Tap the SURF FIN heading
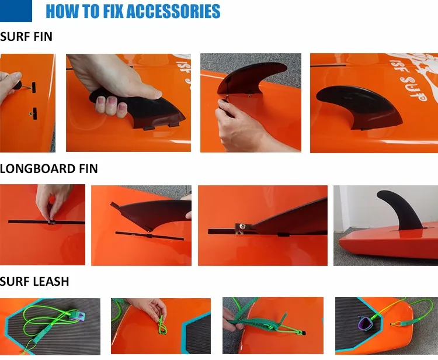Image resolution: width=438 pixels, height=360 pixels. [26, 37]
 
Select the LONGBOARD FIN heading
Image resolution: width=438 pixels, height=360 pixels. [48, 169]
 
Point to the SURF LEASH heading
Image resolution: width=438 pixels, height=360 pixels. [34, 282]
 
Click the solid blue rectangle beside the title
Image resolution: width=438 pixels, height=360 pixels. [16, 11]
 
